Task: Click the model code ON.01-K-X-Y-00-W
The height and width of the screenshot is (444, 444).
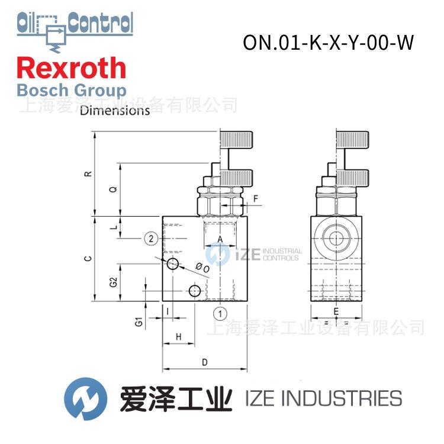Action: pos(327,43)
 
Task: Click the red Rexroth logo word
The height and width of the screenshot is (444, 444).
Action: pos(72,69)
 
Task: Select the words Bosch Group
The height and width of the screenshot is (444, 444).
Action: pos(72,91)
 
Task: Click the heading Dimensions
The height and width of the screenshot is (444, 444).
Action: pos(115,111)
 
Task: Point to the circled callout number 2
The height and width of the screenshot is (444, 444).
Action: pos(152,239)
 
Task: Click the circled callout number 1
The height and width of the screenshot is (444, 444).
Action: pos(220,313)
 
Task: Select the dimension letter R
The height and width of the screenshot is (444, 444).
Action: pos(88,174)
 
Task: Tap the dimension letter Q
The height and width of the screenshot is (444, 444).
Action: pos(113,189)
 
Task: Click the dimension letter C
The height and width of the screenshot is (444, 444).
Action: pos(88,259)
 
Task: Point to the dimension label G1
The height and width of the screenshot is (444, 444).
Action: pos(138,321)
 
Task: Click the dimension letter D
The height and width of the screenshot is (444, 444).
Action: pos(204,362)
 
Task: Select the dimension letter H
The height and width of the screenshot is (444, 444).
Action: pos(177,336)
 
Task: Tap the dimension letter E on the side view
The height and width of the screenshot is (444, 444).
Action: pos(336,311)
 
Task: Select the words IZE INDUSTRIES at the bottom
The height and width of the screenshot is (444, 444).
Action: pos(323,398)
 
